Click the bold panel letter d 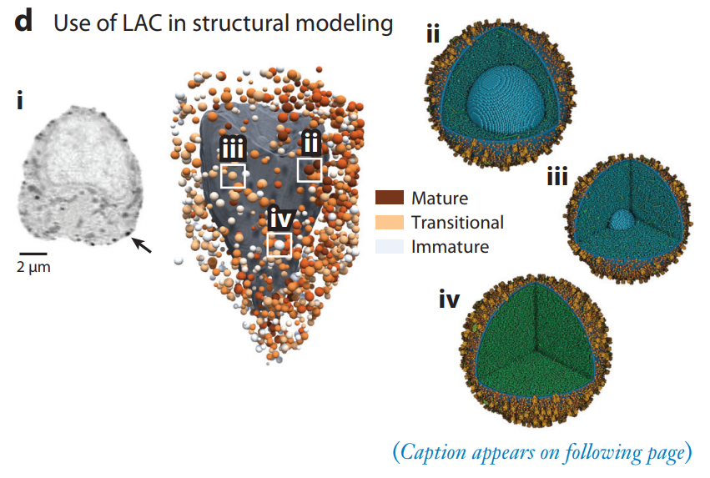click(24, 22)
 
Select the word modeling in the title click(350, 23)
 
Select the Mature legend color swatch click(389, 199)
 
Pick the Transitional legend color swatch click(389, 223)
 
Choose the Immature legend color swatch click(389, 246)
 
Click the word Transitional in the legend click(457, 223)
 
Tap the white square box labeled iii click(233, 175)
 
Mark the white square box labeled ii click(309, 169)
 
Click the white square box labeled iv click(279, 244)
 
